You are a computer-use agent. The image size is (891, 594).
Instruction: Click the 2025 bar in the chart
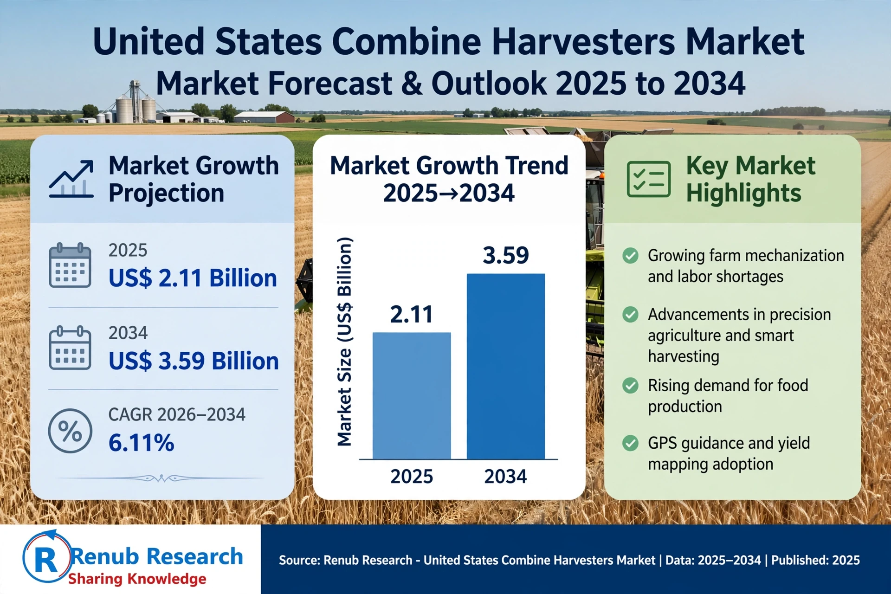[412, 396]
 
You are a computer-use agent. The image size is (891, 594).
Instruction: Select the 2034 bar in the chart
[506, 367]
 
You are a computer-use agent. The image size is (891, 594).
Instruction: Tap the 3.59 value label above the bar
[506, 255]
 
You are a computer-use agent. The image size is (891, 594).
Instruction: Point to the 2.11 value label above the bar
[412, 314]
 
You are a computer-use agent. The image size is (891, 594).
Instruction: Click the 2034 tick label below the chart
[505, 477]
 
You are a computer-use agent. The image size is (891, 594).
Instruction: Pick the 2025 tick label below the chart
[412, 477]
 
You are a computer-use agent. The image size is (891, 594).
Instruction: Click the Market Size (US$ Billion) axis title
[344, 342]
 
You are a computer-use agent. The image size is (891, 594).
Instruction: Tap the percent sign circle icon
[70, 431]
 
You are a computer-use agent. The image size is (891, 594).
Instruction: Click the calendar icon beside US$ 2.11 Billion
[70, 265]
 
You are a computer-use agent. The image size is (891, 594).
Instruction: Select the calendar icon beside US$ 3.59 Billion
[70, 348]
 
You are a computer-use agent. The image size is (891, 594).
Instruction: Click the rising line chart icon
[71, 179]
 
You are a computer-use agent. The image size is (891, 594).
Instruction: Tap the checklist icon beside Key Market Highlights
[649, 179]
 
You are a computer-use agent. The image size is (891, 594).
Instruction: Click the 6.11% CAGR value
[141, 443]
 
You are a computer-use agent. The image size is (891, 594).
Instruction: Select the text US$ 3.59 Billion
[194, 361]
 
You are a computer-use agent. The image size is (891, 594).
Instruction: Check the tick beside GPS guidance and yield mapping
[630, 443]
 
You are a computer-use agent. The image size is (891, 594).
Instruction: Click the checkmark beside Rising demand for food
[630, 385]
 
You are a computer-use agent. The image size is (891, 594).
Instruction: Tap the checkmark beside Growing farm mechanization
[630, 255]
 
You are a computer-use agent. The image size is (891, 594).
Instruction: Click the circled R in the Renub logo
[46, 556]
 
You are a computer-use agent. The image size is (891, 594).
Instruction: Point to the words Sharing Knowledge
[137, 579]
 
